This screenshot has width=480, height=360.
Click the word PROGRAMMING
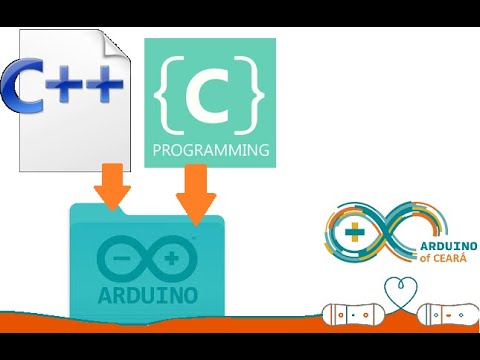(210, 152)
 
